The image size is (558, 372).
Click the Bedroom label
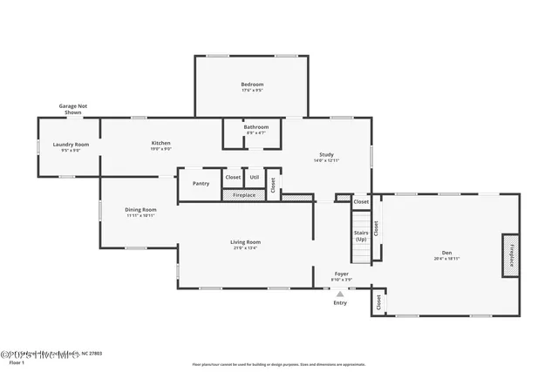252,85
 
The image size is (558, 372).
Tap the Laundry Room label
71,145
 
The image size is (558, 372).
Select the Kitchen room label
160,143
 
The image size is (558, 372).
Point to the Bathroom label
256,127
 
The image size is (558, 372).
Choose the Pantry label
201,183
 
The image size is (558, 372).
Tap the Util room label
255,177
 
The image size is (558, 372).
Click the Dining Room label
140,210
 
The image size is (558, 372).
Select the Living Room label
246,242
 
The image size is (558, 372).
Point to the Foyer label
342,274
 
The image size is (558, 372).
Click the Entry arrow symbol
340,294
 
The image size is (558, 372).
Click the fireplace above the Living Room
244,195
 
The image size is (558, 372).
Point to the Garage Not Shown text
73,109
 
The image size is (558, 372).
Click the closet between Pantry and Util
233,177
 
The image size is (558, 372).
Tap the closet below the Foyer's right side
378,302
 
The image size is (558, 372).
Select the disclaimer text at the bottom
279,364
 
